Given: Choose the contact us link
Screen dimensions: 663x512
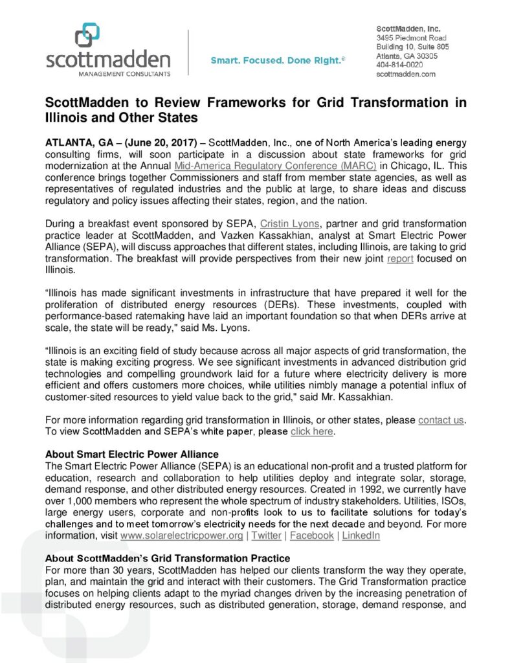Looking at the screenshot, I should [441, 420].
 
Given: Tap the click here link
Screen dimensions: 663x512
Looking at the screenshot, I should [312, 431].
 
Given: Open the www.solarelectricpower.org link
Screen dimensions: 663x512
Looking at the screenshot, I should [182, 535].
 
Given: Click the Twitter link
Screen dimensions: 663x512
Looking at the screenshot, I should [266, 535].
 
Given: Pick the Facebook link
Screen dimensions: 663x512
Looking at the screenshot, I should [312, 535].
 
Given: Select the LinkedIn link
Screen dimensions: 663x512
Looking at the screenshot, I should [361, 535].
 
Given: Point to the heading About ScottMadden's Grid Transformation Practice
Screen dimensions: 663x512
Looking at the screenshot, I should [168, 557].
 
